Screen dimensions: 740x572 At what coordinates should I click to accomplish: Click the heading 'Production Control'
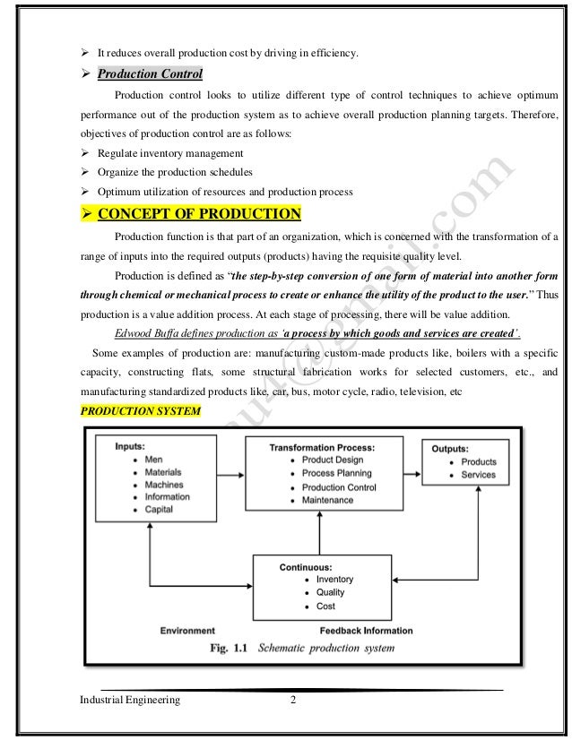[x=150, y=73]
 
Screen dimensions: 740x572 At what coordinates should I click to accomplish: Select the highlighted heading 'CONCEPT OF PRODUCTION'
[x=199, y=214]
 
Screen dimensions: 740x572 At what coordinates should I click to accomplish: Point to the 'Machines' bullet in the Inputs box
[x=163, y=485]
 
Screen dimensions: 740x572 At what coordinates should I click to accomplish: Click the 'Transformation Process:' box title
[x=322, y=447]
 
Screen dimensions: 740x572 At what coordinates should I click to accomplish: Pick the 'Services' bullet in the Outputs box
[x=478, y=475]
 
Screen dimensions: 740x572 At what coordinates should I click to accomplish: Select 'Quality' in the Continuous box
[x=330, y=592]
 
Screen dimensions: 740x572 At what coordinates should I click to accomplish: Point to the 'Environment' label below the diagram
[x=187, y=631]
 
